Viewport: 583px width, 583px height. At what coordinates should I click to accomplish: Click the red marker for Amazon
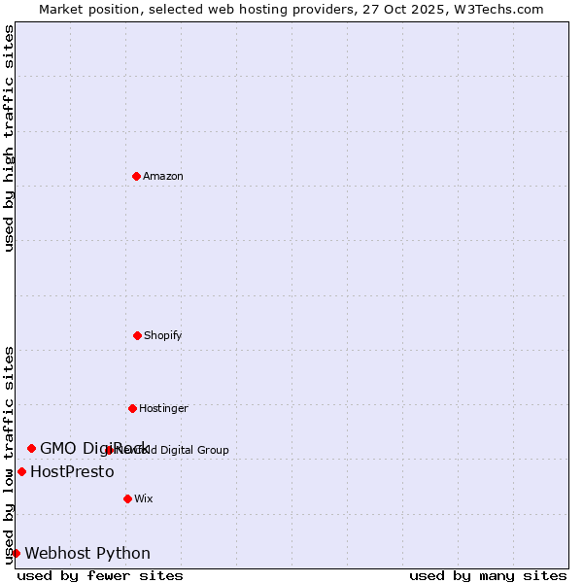(x=136, y=176)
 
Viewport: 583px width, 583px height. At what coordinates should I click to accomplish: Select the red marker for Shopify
(x=137, y=335)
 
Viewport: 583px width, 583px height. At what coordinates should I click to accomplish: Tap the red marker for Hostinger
(x=132, y=408)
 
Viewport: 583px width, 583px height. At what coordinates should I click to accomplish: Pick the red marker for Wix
(x=127, y=498)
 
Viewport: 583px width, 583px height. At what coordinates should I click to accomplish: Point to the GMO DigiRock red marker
(x=31, y=448)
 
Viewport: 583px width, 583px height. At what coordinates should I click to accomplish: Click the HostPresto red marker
(x=21, y=471)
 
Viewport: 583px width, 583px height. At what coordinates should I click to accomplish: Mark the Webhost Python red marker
(x=16, y=553)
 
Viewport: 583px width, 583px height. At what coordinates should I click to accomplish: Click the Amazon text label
(x=163, y=176)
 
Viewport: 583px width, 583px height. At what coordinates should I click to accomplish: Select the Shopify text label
(x=163, y=335)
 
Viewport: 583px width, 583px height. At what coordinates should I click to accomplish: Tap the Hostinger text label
(x=163, y=408)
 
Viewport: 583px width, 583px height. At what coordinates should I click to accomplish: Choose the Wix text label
(x=144, y=498)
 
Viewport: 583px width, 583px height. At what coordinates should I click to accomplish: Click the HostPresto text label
(x=72, y=471)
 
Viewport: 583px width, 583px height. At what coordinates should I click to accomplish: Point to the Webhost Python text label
(x=87, y=553)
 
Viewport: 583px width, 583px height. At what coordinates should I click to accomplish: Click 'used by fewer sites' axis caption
(x=100, y=575)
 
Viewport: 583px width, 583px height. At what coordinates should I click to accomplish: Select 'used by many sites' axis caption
(x=488, y=575)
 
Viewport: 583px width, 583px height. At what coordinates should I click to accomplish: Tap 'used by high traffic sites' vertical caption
(x=9, y=139)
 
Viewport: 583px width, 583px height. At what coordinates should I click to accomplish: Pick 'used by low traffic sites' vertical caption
(x=9, y=455)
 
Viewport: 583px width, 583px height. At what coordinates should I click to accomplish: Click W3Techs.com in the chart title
(x=497, y=9)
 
